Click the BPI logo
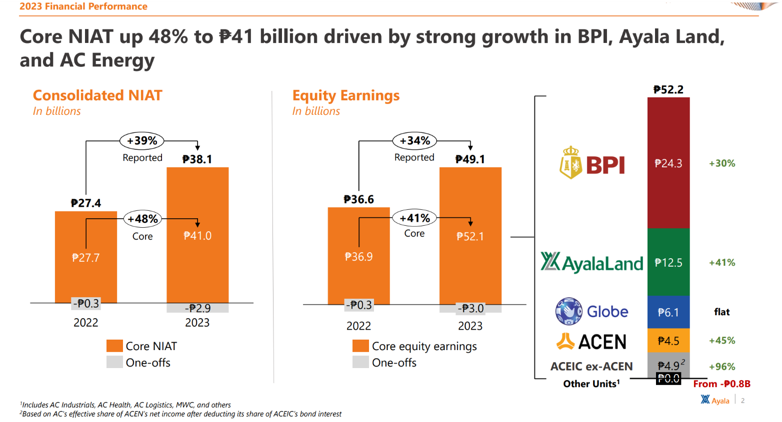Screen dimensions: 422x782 coord(592,163)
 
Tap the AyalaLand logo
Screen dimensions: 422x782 coord(591,262)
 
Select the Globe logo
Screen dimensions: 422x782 coord(591,311)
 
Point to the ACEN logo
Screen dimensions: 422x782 coord(591,342)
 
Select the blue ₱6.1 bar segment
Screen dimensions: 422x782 coord(668,312)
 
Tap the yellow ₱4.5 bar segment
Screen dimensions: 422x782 coord(668,341)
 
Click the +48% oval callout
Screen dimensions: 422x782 coord(142,219)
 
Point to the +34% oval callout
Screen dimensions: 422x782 coord(414,141)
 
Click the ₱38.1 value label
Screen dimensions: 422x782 coord(197,159)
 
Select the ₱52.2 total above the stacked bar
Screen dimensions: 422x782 coord(668,90)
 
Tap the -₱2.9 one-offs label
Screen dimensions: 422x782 coord(197,308)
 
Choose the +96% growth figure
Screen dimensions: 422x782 coord(722,367)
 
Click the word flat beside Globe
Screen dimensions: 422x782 coord(721,312)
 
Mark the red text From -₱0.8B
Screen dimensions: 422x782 coord(721,384)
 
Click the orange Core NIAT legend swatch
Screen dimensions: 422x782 coord(114,346)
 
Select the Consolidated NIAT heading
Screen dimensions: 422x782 coord(97,95)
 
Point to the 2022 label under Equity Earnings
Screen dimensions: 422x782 coord(358,326)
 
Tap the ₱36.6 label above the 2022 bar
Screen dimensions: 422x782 coord(358,200)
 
